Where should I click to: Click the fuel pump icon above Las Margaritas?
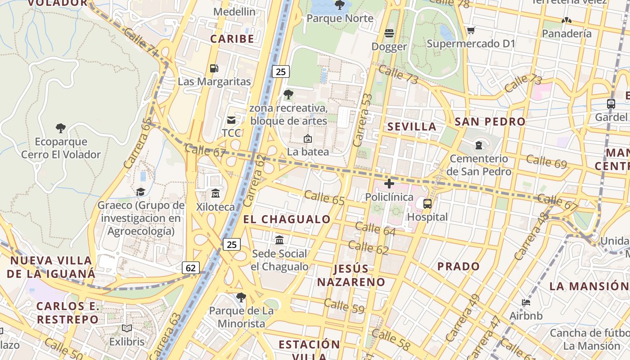tap(214, 68)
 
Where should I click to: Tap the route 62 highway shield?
tap(191, 268)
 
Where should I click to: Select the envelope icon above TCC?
tap(231, 120)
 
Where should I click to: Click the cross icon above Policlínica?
tap(389, 184)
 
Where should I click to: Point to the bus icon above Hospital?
tap(427, 204)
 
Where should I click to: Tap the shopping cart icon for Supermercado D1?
tap(471, 31)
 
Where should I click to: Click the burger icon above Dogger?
tap(389, 33)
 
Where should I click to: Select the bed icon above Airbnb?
tap(526, 302)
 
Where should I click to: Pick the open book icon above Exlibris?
tap(127, 328)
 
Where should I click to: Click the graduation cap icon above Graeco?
tap(141, 192)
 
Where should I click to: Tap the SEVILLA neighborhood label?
tap(412, 126)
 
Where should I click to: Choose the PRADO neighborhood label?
tap(459, 266)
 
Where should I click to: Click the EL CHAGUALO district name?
tap(287, 220)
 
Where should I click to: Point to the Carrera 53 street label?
tap(363, 120)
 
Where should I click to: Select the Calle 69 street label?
tap(546, 161)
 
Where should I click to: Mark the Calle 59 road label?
tap(344, 306)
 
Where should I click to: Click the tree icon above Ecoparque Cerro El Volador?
tap(61, 128)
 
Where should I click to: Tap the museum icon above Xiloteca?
tap(216, 193)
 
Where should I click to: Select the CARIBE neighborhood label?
tap(232, 39)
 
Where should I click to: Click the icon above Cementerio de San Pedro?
tap(478, 145)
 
